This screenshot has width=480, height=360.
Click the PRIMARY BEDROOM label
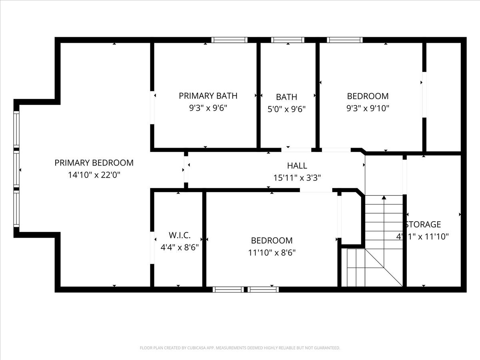coord(94,163)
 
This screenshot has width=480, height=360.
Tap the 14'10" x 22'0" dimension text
coord(94,175)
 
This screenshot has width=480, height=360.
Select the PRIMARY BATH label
coord(208,96)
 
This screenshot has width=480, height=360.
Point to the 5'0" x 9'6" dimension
coord(286,108)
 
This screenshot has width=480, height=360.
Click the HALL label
coord(297,166)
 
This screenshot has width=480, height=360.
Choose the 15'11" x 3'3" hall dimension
coord(297,177)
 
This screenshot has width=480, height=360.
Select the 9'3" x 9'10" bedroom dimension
coord(368,108)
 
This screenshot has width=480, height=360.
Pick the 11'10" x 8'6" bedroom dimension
coord(272,252)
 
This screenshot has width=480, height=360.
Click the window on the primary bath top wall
coord(229,40)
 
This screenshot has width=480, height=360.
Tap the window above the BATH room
coord(288,40)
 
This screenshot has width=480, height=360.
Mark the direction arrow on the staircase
coord(384,198)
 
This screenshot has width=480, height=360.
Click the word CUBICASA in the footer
coord(197,348)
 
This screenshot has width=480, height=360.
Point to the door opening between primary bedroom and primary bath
coord(152,108)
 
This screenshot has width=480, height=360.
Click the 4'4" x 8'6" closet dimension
coord(180,247)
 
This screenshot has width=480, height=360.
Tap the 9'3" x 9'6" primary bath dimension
coord(208,108)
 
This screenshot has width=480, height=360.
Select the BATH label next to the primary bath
coord(286,97)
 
